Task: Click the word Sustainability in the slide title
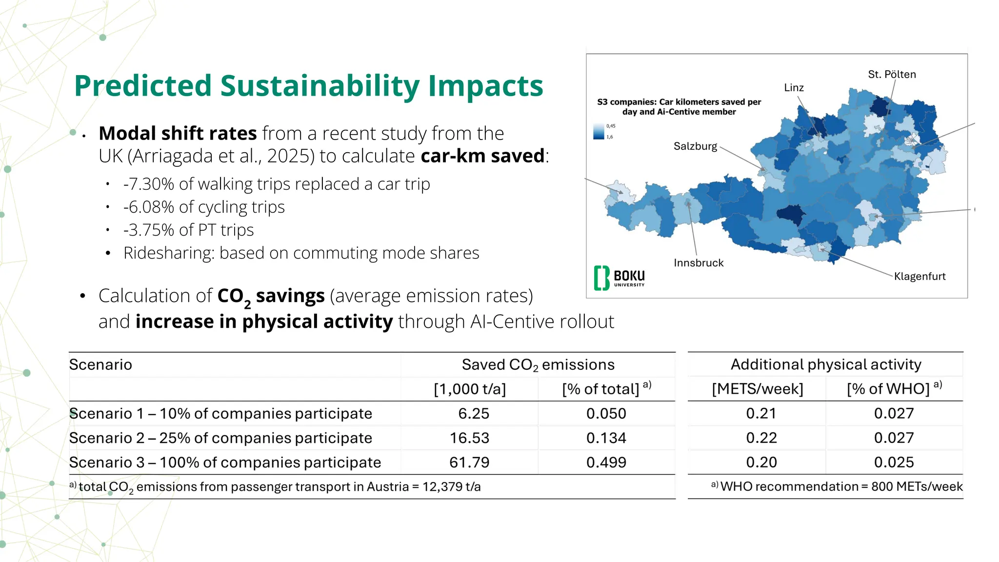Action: [x=320, y=86]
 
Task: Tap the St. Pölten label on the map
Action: [x=892, y=75]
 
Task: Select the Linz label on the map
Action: [x=794, y=88]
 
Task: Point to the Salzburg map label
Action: [x=695, y=146]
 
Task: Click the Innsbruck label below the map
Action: [x=699, y=263]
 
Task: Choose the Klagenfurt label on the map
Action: [x=919, y=277]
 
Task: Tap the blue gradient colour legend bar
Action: [x=599, y=132]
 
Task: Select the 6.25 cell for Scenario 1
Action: [x=473, y=414]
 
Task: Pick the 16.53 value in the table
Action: [x=469, y=438]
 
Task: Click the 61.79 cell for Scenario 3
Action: [x=469, y=462]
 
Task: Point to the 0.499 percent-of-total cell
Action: [x=606, y=462]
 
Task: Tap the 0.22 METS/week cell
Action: [x=761, y=438]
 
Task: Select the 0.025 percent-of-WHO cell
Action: [x=894, y=462]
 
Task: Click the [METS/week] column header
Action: [x=757, y=389]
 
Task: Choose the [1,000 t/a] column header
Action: [x=470, y=389]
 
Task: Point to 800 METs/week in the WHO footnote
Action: [x=917, y=487]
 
